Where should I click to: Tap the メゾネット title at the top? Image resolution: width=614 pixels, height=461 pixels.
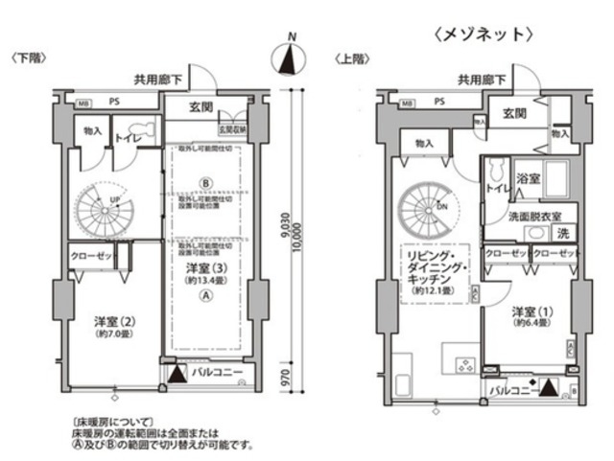click(x=483, y=35)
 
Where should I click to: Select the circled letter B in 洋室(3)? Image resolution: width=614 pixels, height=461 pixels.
click(x=204, y=183)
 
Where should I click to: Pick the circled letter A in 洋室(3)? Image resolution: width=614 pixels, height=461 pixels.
click(x=204, y=297)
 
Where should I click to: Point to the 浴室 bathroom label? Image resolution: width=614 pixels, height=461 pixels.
click(x=528, y=179)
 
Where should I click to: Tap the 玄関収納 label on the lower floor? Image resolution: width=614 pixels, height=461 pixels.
click(x=233, y=127)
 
